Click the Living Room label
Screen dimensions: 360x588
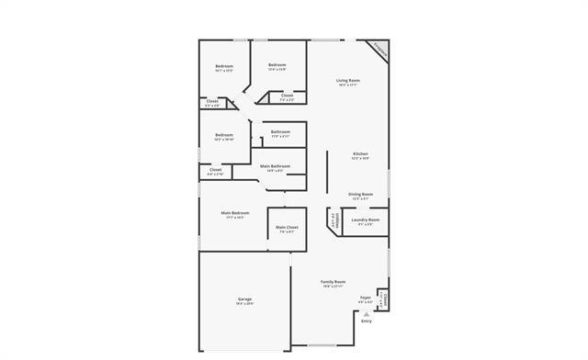point(347,82)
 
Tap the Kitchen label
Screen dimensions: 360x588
point(360,153)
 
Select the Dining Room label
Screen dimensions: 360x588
point(360,195)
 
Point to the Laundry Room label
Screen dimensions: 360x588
point(365,219)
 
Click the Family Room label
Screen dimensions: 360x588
point(333,282)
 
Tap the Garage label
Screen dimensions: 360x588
point(244,298)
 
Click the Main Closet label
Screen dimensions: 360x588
point(287,227)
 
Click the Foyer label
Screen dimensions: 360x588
point(366,298)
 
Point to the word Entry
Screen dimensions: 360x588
point(367,321)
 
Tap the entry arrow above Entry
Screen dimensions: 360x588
point(367,313)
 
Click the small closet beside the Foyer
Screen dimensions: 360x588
point(384,298)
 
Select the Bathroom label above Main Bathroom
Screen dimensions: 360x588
point(280,132)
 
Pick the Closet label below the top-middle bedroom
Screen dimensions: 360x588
point(287,96)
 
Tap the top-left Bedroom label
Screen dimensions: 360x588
point(224,66)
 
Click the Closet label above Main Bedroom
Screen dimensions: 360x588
point(215,170)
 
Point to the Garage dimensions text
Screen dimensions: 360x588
point(244,303)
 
